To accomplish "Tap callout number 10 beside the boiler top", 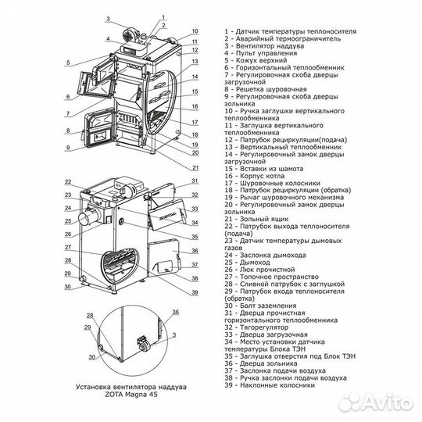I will (193, 37).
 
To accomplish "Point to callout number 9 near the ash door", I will (68, 147).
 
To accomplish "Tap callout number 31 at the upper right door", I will (193, 182).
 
